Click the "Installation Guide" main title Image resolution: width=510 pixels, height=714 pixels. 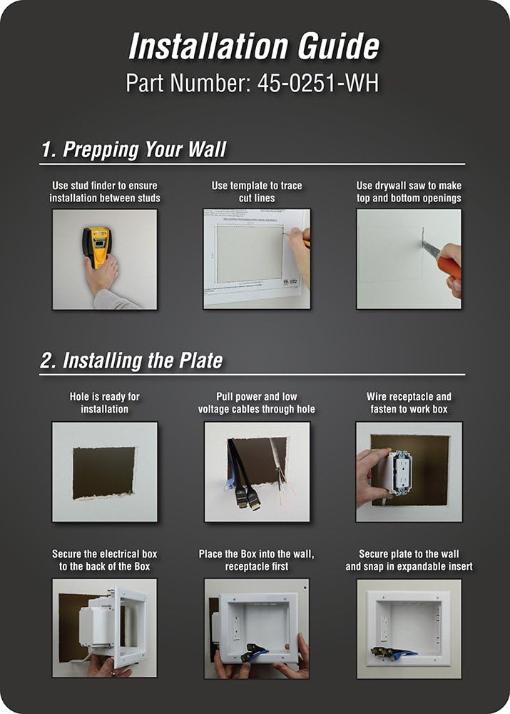pyautogui.click(x=254, y=46)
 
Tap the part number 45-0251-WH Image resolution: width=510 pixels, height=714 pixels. pyautogui.click(x=318, y=84)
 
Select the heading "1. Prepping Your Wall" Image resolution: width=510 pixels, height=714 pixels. pyautogui.click(x=133, y=149)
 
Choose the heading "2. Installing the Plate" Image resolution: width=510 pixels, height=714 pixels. pyautogui.click(x=131, y=360)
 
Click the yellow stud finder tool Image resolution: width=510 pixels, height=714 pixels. pyautogui.click(x=97, y=246)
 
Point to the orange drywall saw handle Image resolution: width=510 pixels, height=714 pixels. pyautogui.click(x=448, y=264)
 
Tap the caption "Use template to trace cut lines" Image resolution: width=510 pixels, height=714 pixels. pyautogui.click(x=257, y=191)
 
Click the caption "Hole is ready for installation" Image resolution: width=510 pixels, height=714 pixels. pyautogui.click(x=105, y=403)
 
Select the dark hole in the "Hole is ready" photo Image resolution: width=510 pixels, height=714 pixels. pyautogui.click(x=103, y=473)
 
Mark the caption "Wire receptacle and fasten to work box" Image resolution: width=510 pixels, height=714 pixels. pyautogui.click(x=409, y=403)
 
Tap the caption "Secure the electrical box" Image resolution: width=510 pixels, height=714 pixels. pyautogui.click(x=105, y=554)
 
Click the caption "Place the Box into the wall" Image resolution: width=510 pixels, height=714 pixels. pyautogui.click(x=257, y=554)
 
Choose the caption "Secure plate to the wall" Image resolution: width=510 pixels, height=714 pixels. pyautogui.click(x=409, y=554)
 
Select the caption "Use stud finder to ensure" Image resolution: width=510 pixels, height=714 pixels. pyautogui.click(x=105, y=186)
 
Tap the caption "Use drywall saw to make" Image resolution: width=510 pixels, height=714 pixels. pyautogui.click(x=409, y=186)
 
